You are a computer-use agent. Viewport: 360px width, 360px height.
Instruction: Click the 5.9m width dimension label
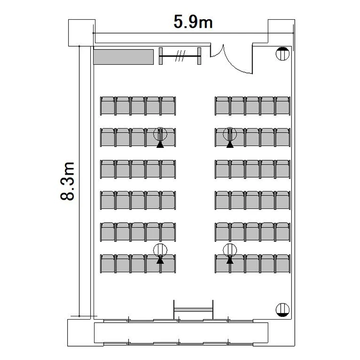coord(193,22)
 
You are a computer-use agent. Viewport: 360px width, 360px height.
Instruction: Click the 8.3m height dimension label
coord(68,181)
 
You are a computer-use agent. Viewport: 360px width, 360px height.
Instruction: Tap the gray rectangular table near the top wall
coord(123,57)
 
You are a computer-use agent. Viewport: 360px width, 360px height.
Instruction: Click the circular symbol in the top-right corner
coord(282,54)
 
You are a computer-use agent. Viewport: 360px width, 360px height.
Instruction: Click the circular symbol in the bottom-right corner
coord(282,310)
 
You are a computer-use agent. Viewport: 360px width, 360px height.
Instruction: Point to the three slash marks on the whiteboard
coord(180,56)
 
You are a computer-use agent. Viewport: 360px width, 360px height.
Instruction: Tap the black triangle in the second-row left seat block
coord(160,144)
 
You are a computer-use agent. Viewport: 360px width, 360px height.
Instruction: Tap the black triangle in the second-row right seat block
coord(230,144)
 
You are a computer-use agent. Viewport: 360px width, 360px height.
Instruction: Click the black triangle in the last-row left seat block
coord(160,260)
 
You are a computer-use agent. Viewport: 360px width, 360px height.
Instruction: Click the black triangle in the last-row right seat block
coord(230,260)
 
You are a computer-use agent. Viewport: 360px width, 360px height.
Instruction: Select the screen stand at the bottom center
coord(193,310)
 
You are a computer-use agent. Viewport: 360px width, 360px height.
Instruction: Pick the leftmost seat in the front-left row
coord(108,106)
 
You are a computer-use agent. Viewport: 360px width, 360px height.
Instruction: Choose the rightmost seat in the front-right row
coord(283,106)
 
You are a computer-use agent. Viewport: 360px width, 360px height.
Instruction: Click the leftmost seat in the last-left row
coord(108,264)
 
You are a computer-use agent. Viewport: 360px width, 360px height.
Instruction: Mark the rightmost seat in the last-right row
coord(283,264)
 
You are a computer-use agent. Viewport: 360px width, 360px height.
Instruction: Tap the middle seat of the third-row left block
coord(138,169)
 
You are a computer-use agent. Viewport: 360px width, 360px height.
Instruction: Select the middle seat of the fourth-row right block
coord(252,201)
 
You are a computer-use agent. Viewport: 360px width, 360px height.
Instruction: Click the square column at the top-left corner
coord(82,33)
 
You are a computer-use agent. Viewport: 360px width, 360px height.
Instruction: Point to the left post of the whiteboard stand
coord(161,56)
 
